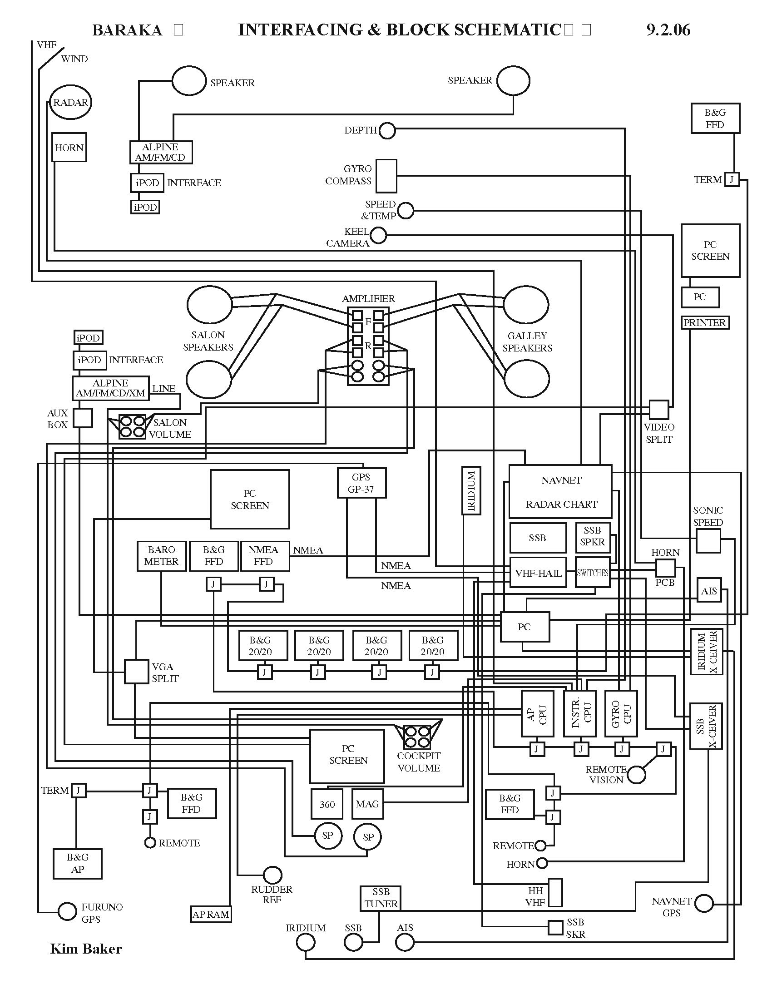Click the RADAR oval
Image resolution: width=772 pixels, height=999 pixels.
70,103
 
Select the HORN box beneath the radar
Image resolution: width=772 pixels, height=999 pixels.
69,147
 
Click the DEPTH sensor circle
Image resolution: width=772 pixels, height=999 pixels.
387,131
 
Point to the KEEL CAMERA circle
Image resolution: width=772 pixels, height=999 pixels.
378,236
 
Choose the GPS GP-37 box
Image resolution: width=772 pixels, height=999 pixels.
361,483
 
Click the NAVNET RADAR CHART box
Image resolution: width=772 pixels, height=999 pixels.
560,492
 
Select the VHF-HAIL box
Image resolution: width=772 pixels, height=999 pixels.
538,573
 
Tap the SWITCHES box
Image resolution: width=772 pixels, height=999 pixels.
592,573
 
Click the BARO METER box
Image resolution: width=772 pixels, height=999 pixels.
162,556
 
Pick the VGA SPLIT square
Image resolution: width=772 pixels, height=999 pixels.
136,672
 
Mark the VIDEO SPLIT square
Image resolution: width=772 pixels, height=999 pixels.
658,410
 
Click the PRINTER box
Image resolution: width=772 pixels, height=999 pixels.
704,322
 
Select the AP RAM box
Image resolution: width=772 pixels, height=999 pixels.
211,914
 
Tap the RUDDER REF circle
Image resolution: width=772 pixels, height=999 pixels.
272,875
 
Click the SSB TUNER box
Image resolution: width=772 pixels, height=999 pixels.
381,898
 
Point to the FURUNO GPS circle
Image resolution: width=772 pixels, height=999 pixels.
67,912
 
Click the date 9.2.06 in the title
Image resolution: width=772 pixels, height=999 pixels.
668,30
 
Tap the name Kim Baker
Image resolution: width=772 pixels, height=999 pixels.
86,949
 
